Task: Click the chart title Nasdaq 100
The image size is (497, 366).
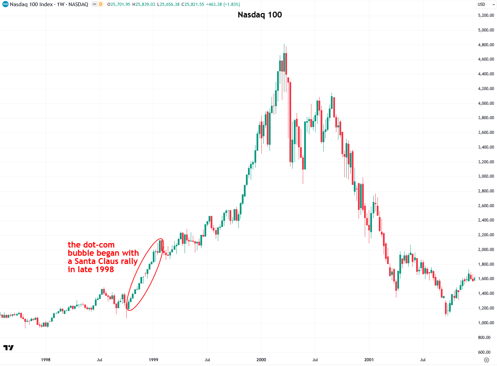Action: point(260,15)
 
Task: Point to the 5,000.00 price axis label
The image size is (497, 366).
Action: point(486,30)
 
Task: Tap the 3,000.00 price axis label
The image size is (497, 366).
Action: point(486,176)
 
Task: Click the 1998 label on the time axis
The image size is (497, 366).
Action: point(46,360)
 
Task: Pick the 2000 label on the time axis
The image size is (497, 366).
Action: point(261,360)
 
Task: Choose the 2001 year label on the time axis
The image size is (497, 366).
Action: point(369,360)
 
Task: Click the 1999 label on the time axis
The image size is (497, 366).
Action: point(153,360)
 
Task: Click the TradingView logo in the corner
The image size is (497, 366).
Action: point(9,348)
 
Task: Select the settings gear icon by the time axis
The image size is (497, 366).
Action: point(486,360)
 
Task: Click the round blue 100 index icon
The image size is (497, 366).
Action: point(5,4)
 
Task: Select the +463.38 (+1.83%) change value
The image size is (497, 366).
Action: point(223,4)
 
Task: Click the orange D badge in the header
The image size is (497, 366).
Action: point(101,4)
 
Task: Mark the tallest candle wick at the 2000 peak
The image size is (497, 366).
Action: point(284,46)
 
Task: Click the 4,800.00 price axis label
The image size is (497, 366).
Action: point(486,45)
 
